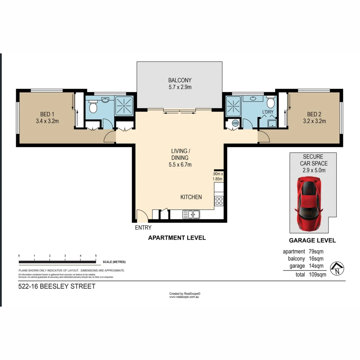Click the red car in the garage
tap(309, 204)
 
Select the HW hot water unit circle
tap(235, 123)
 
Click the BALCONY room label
tap(180, 80)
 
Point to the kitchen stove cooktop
tap(219, 201)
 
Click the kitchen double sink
tap(191, 215)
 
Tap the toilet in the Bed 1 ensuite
tap(93, 107)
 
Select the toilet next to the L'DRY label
tap(270, 102)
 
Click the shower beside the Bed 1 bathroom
tap(124, 106)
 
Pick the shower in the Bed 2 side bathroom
tap(233, 106)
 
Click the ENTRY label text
tap(143, 228)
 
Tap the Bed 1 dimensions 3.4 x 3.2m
tap(47, 121)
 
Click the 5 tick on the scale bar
tap(96, 256)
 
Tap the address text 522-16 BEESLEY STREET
tap(57, 286)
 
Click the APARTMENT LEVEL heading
tap(177, 238)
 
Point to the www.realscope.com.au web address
tap(184, 297)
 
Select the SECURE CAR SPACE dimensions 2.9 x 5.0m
tap(313, 170)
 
